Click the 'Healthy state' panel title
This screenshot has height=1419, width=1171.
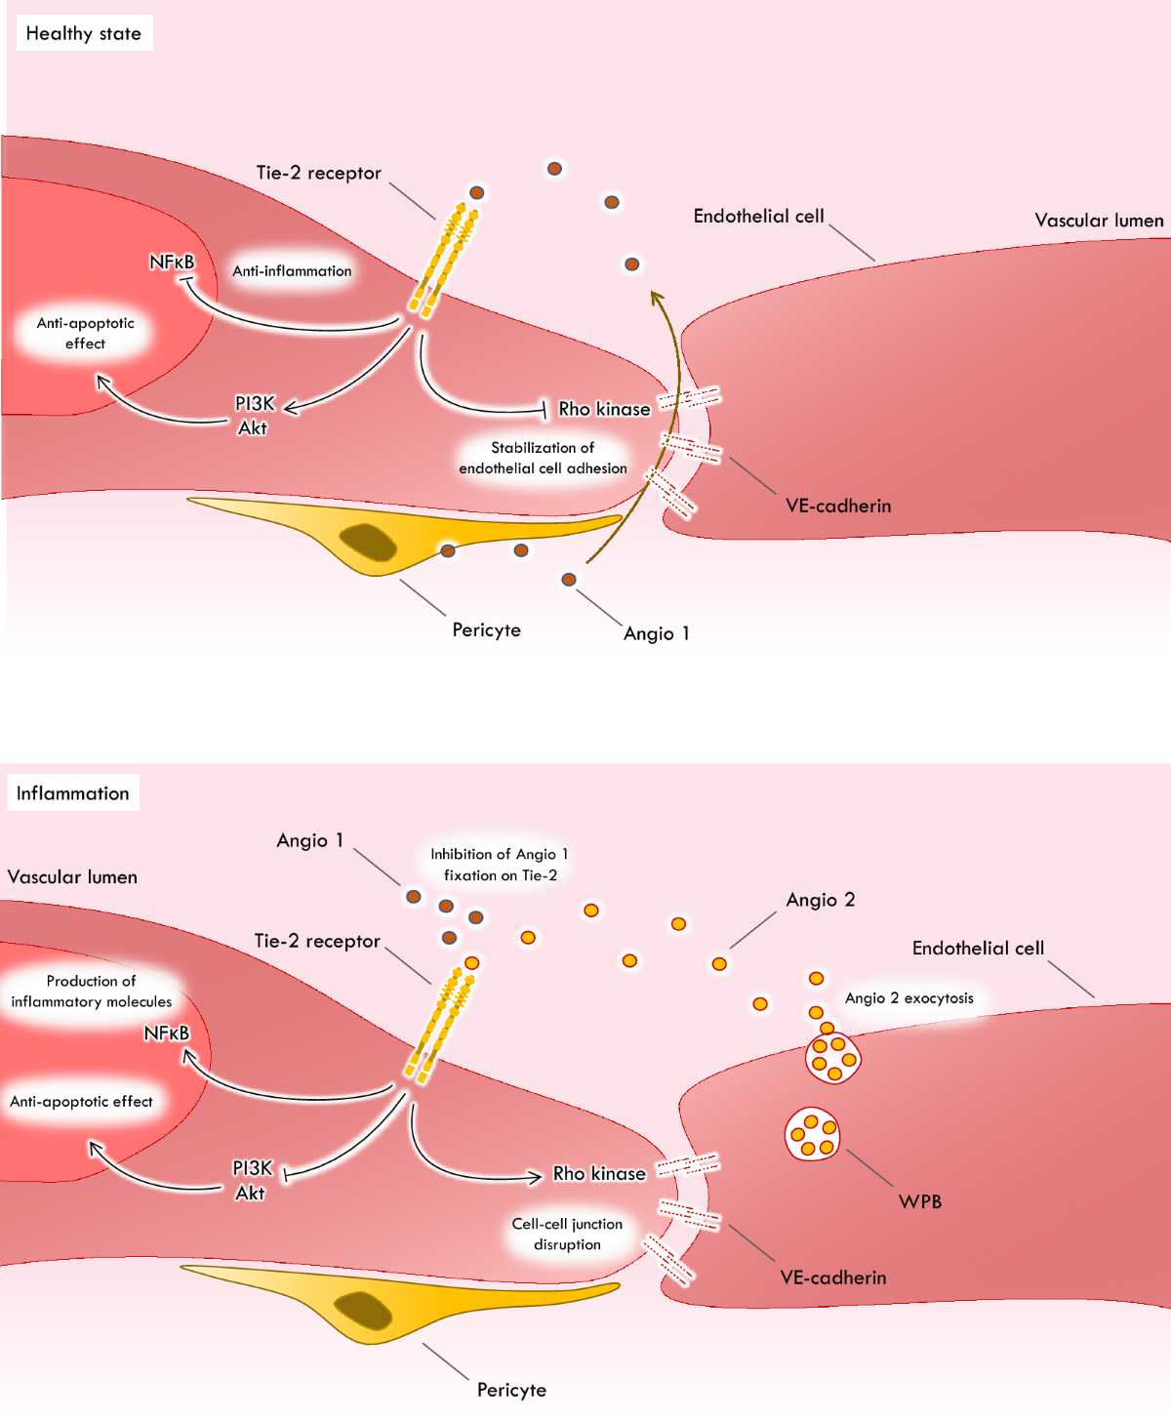84,33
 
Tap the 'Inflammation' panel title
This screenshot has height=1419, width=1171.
73,793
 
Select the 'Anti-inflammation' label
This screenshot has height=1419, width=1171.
292,271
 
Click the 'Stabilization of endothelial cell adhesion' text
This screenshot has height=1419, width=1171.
543,458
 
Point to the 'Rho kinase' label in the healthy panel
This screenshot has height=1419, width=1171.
604,409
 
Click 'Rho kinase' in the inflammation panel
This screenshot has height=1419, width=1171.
599,1173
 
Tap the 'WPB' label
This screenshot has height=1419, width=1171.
920,1201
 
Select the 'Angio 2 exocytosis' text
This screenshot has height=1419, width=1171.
909,998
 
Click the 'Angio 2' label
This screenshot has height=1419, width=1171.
821,900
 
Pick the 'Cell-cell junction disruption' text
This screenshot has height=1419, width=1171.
567,1234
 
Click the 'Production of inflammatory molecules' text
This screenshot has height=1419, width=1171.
91,992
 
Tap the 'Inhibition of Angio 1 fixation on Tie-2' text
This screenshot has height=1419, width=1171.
500,865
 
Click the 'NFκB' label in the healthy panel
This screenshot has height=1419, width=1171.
172,262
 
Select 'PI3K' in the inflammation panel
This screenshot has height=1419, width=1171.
253,1168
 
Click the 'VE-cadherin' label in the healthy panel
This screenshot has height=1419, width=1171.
838,506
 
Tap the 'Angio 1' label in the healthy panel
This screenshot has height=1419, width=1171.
657,633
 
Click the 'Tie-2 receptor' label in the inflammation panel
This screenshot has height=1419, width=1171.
317,941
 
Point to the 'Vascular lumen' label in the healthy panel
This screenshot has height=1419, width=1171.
1099,221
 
